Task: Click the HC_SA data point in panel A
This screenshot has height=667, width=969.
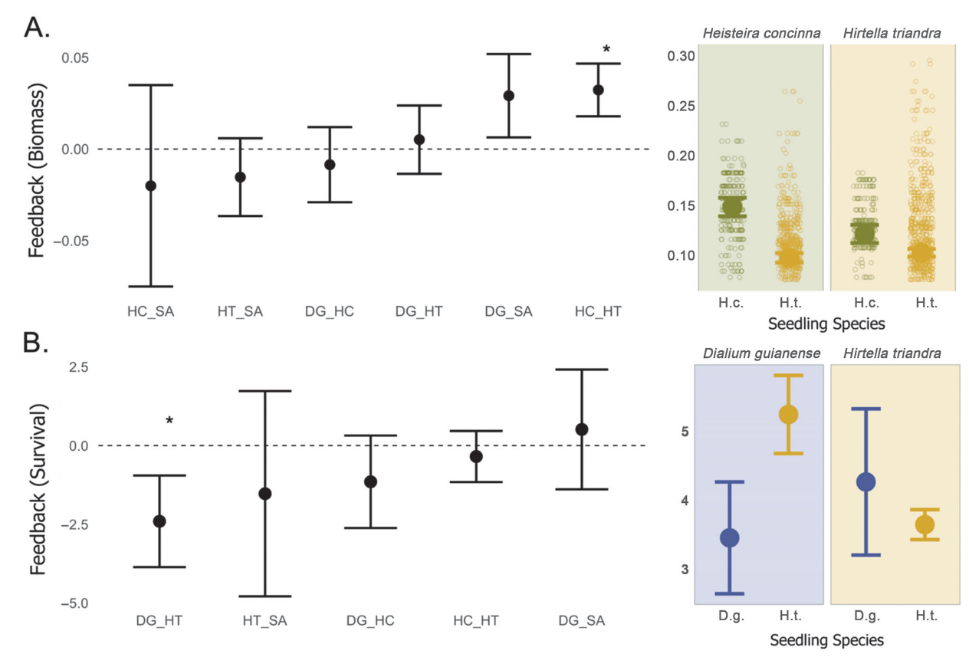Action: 150,186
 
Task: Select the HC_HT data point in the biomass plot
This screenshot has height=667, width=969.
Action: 598,90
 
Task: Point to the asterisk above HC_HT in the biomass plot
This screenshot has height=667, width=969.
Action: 606,50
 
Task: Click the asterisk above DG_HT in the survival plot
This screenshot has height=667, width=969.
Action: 169,421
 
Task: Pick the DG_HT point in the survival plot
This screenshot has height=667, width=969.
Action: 159,521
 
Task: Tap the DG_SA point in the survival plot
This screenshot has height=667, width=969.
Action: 581,429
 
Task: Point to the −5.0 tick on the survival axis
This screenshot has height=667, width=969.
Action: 74,603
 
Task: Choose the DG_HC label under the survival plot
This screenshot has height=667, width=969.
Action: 370,620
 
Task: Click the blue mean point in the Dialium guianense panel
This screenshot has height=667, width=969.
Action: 729,537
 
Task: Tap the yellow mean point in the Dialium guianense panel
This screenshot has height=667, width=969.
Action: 788,414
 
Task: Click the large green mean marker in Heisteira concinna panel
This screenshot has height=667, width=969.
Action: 732,206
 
